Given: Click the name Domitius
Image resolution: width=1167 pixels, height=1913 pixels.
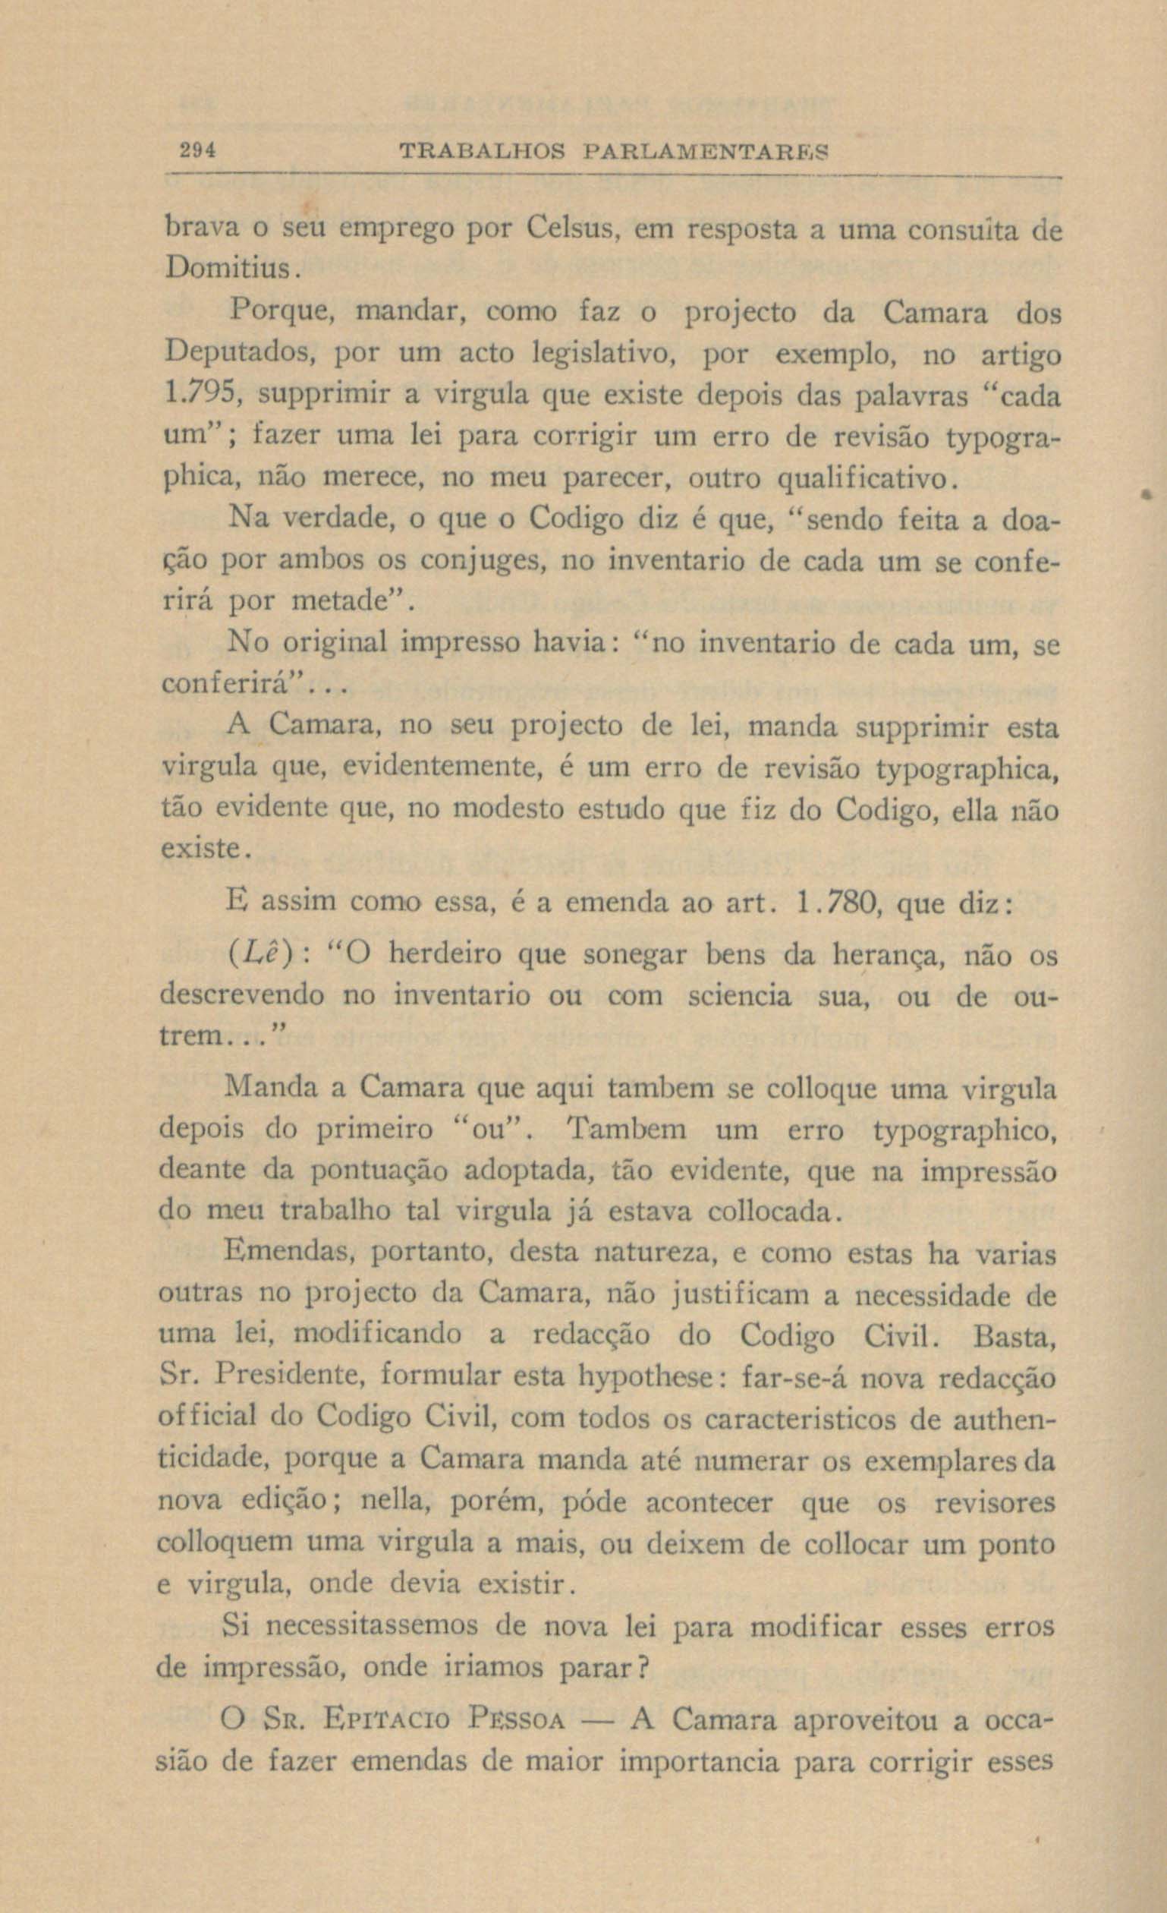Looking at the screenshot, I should click(228, 270).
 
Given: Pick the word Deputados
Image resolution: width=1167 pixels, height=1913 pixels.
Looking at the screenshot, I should click(241, 355).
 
